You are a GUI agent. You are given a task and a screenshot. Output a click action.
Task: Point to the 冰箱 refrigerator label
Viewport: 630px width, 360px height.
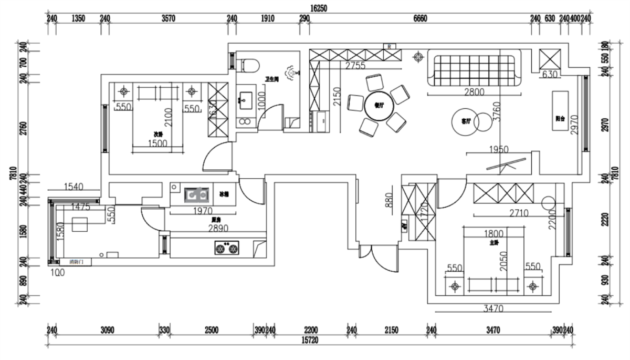(224, 194)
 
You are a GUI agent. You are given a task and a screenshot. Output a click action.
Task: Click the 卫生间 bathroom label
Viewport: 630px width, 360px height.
(271, 79)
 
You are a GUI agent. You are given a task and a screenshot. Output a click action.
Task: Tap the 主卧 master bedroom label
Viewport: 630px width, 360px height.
(493, 243)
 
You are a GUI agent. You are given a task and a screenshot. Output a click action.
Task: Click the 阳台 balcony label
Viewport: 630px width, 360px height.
(560, 119)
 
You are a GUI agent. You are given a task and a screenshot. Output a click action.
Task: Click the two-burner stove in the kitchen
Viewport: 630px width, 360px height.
(227, 247)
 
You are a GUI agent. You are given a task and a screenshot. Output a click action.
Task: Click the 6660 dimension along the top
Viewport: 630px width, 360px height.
(420, 18)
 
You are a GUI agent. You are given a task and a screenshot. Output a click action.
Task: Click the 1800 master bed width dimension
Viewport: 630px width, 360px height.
(494, 233)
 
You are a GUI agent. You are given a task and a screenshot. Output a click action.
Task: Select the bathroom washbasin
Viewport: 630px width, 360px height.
(245, 98)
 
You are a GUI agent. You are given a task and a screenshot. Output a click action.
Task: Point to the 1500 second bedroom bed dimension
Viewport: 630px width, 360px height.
(157, 143)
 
